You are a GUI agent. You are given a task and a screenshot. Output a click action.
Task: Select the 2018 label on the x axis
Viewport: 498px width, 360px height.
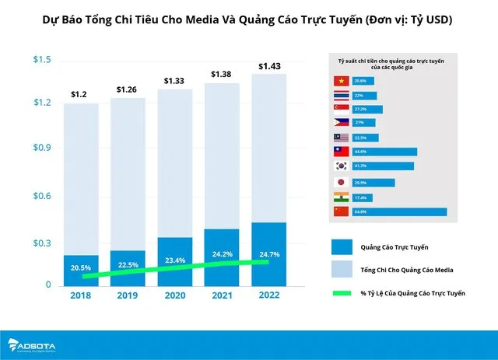(80, 295)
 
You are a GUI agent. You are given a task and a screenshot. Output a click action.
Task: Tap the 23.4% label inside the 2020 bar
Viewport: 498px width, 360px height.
(176, 260)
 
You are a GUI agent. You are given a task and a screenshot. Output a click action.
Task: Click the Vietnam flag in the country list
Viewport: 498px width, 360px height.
(340, 81)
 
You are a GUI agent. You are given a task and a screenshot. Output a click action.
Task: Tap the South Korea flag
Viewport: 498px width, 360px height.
(340, 166)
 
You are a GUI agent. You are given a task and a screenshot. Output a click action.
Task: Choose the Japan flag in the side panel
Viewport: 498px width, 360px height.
(340, 183)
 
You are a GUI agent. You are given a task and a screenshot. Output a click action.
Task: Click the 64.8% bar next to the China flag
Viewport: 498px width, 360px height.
(399, 211)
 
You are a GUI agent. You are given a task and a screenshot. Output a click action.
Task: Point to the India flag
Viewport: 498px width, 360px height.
(340, 197)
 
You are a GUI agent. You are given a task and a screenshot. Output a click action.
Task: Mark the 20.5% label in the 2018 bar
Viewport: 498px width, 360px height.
(80, 268)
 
